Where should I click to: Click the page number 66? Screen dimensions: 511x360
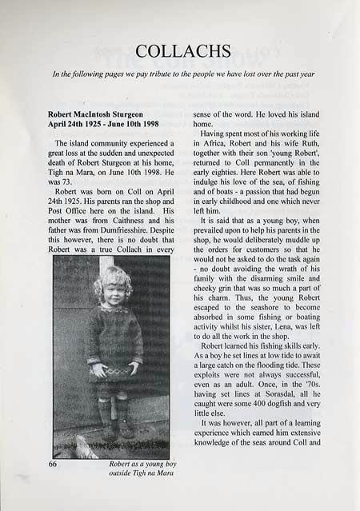tap(55, 464)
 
